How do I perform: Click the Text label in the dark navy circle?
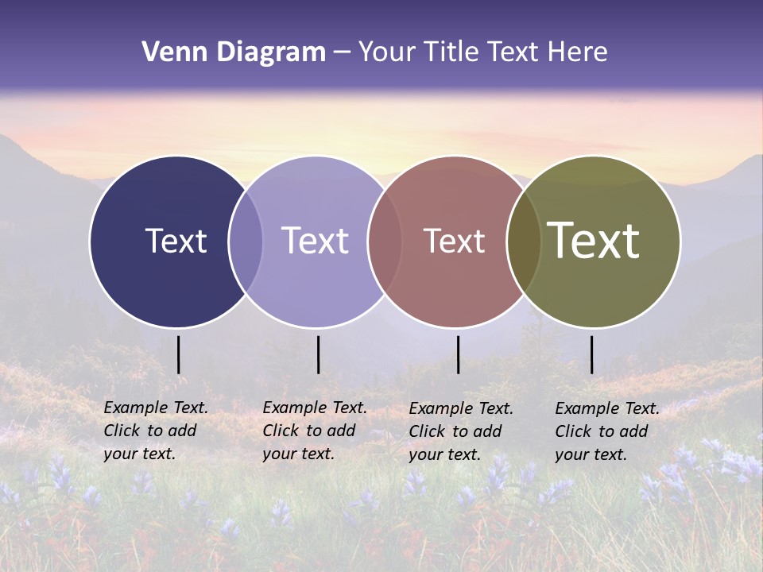[x=176, y=241]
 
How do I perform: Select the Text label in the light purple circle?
[x=316, y=241]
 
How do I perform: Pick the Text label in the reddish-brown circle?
[x=454, y=241]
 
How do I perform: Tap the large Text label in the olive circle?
[x=593, y=241]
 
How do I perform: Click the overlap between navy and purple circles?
[x=246, y=242]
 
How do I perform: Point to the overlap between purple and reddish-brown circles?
[x=385, y=242]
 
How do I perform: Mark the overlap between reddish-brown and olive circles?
[x=524, y=242]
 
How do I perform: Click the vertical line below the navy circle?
[x=179, y=354]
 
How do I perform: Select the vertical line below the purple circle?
[x=318, y=354]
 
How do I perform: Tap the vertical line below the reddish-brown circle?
[x=458, y=354]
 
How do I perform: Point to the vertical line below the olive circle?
[x=591, y=354]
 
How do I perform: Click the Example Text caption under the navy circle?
[x=155, y=431]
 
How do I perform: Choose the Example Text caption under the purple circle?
[x=314, y=431]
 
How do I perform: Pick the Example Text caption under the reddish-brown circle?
[x=460, y=431]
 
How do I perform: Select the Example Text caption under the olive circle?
[x=606, y=431]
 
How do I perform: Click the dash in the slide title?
[x=342, y=52]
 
